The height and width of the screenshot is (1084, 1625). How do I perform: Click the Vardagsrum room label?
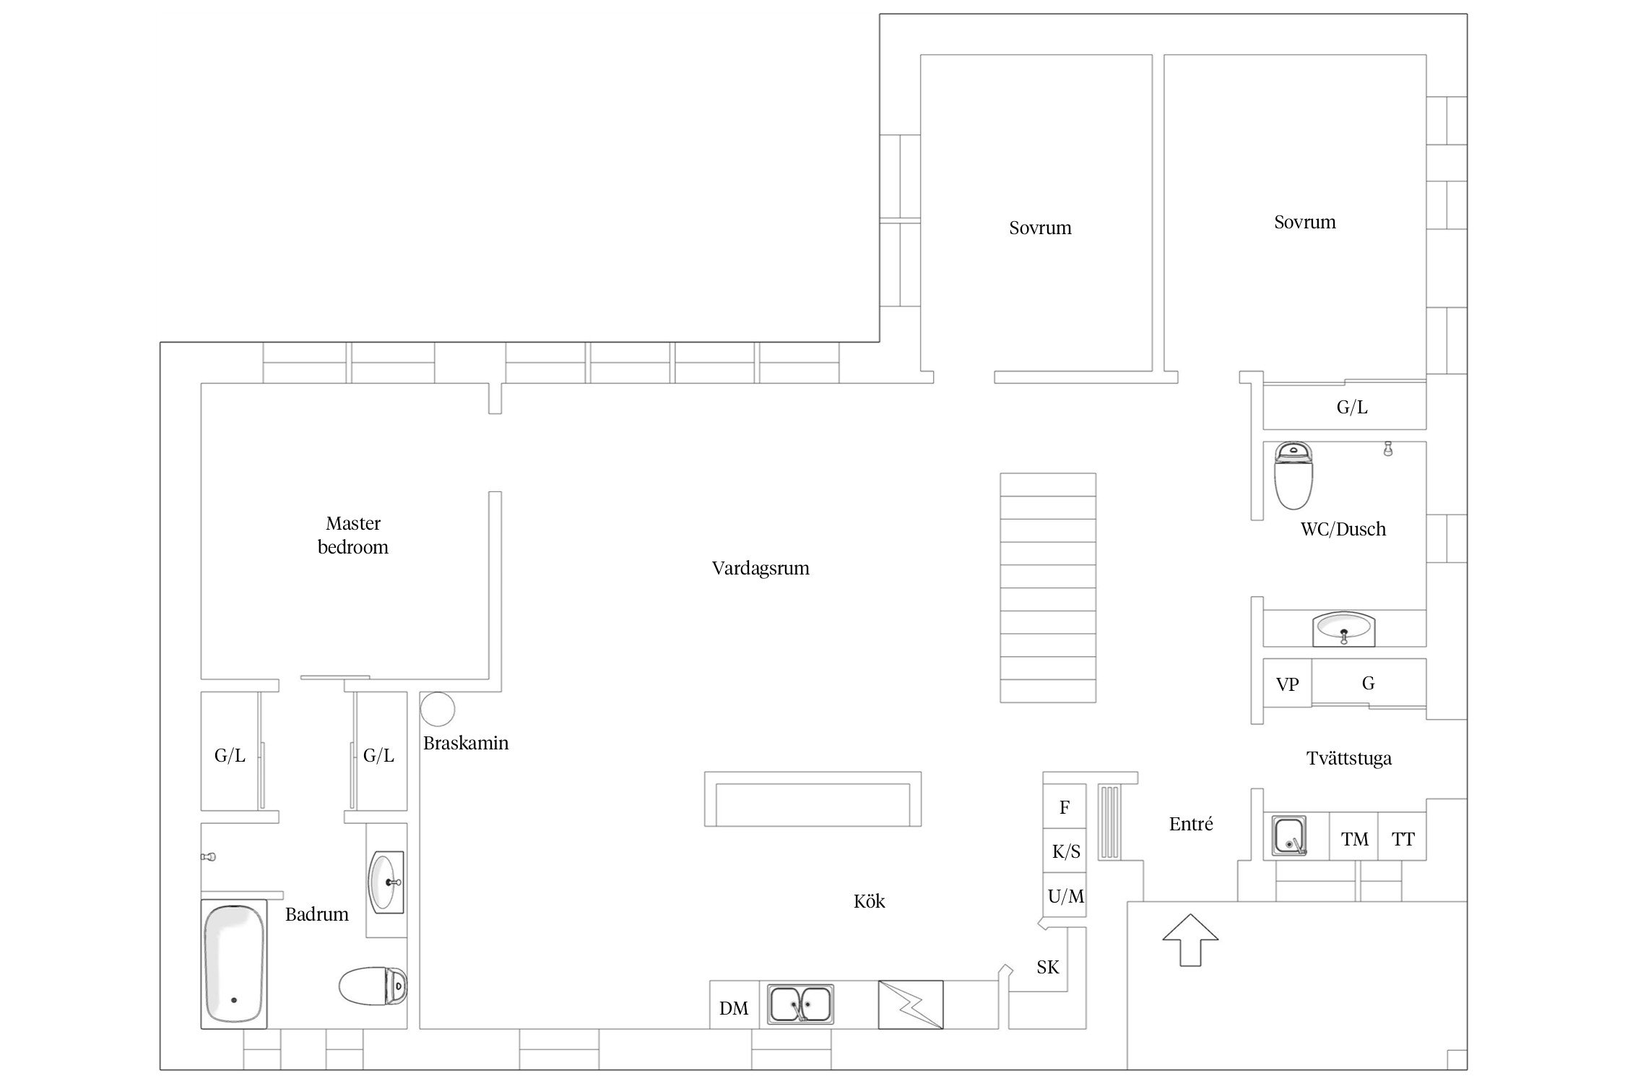point(760,569)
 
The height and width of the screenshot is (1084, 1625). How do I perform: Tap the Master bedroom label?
point(353,535)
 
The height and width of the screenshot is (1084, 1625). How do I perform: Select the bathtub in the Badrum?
point(234,963)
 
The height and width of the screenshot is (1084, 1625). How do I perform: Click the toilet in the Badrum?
point(373,986)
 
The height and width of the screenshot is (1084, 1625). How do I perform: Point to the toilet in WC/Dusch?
point(1293,476)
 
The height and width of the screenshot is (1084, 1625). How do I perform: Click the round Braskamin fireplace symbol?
point(438,708)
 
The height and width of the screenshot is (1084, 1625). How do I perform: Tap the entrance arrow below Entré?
point(1190,939)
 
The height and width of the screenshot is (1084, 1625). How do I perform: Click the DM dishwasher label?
point(734,1008)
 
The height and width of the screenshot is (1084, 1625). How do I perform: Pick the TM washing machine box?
point(1354,837)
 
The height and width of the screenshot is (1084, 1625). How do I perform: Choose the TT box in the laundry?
point(1403,837)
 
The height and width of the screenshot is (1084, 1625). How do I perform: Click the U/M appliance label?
point(1066,897)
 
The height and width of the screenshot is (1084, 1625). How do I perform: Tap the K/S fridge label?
point(1066,852)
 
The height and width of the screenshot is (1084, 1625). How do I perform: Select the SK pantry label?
point(1048,967)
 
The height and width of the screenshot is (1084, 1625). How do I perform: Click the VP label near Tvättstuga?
point(1287,684)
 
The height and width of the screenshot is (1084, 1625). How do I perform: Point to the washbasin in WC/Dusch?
point(1344,628)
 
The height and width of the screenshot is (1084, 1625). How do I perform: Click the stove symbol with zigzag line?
point(911,1005)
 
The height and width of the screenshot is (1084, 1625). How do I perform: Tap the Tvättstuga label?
point(1349,759)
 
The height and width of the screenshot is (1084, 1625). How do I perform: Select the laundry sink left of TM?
point(1289,836)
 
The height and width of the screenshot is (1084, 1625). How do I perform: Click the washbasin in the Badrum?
point(386,882)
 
